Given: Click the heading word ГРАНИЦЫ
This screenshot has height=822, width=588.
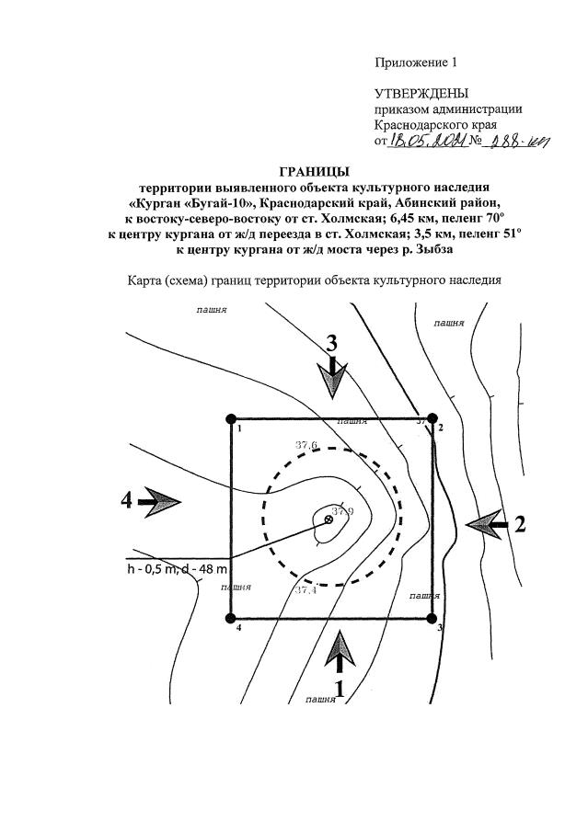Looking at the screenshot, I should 313,171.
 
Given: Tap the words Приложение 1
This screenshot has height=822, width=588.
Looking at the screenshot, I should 415,63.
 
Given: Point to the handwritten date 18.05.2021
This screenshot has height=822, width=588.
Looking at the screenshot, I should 429,141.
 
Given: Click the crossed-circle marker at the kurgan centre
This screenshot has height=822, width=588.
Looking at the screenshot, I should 329,520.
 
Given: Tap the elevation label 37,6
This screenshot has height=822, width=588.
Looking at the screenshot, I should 306,445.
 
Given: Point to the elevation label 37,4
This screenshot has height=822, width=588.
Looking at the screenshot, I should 306,589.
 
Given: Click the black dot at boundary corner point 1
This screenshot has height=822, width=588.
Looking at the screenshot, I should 229,419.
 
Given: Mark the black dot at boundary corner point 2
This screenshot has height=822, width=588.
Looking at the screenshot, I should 432,418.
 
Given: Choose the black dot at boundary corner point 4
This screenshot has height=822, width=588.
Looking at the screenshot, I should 229,619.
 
